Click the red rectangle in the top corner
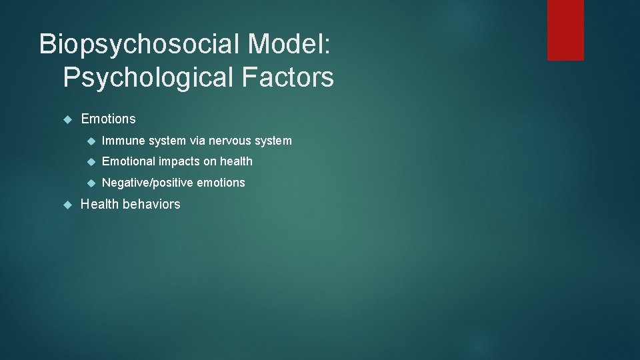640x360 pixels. click(x=565, y=30)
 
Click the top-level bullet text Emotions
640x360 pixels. click(x=108, y=119)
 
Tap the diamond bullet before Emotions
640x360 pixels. click(x=66, y=119)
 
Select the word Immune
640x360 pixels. click(x=123, y=141)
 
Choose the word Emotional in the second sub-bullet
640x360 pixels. click(x=129, y=161)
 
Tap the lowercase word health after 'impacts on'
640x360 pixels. click(x=236, y=161)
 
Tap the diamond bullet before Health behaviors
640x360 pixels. click(x=66, y=204)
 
